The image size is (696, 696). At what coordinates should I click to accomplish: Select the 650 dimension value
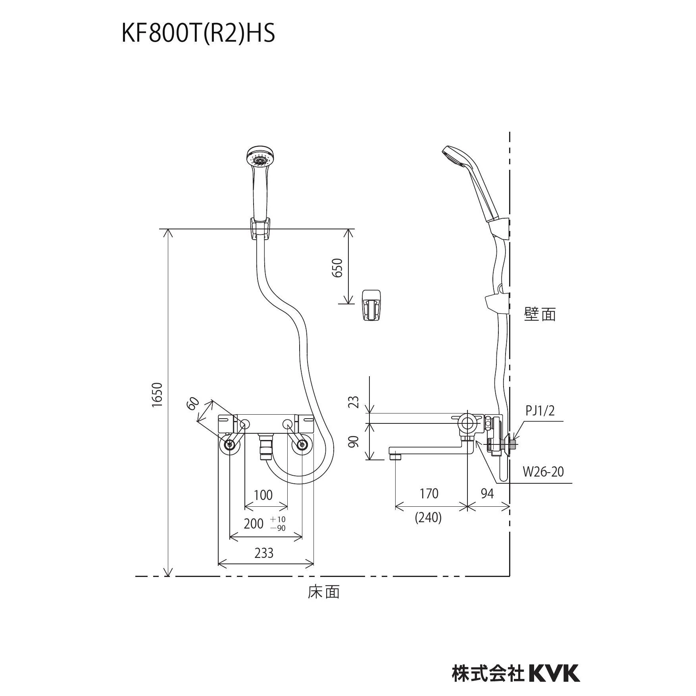click(337, 268)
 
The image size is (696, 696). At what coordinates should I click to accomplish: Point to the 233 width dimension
click(264, 553)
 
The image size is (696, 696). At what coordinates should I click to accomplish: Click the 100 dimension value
click(263, 495)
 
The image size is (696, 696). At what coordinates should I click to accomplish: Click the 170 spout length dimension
click(429, 493)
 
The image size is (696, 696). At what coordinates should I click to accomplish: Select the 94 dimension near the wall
click(487, 493)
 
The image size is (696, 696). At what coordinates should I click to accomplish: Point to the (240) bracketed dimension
click(429, 517)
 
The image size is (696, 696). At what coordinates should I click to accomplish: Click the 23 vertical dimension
click(355, 402)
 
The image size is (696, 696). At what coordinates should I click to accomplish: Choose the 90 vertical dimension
click(355, 442)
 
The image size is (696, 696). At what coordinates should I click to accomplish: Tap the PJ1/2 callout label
click(540, 411)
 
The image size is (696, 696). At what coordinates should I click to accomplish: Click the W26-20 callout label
click(543, 472)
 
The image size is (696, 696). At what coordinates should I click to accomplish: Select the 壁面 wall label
click(540, 314)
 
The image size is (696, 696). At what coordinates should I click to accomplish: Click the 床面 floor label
click(324, 603)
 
